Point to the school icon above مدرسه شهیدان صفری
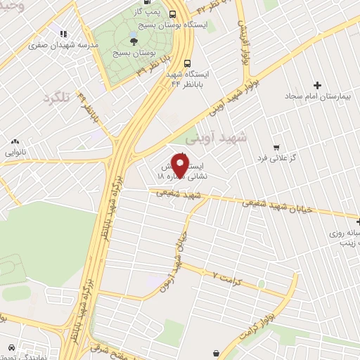(63, 34)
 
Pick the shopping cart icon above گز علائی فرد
(276, 148)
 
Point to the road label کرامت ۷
(226, 275)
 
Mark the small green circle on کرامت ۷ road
(262, 283)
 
